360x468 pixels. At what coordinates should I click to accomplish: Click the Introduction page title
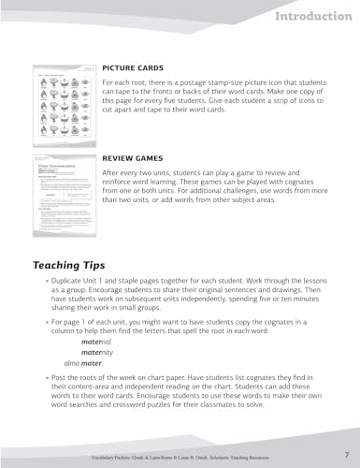point(313,17)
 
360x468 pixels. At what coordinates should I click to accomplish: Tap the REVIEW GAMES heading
point(134,160)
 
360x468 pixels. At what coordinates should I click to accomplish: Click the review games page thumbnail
point(65,190)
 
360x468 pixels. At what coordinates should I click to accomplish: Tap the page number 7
point(344,453)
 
